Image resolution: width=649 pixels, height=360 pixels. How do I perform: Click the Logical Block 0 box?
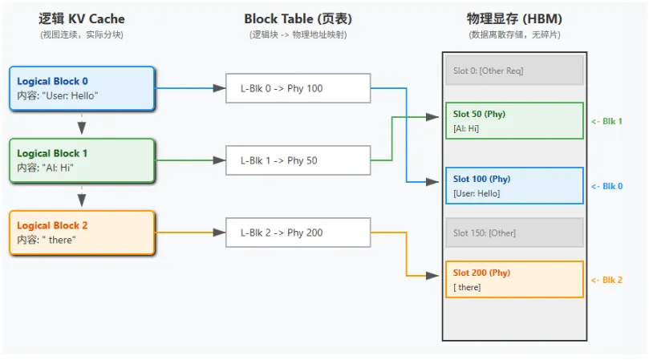point(82,88)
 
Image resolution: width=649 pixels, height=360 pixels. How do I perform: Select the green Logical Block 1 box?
point(82,160)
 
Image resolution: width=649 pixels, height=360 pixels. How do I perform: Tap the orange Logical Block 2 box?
point(82,233)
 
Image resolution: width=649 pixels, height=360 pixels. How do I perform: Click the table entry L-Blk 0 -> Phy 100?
point(298,88)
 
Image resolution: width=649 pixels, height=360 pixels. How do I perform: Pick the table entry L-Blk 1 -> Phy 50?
point(298,160)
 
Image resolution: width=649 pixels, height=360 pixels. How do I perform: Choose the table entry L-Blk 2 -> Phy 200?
point(298,233)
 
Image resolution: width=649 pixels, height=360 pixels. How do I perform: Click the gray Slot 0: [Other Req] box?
point(514,71)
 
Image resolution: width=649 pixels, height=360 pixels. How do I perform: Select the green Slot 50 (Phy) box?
point(514,121)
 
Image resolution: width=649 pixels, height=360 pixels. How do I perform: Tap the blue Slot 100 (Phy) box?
point(514,186)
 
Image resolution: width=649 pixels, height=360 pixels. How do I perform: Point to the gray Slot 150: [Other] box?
point(514,233)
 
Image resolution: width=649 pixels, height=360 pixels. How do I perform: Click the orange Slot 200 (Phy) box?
point(514,279)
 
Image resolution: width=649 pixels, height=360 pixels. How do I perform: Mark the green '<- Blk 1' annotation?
point(606,121)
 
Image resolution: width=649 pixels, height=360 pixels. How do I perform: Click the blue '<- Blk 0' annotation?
point(606,186)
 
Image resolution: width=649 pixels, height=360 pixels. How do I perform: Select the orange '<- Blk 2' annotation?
point(606,280)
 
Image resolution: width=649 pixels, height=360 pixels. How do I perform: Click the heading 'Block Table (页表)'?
point(298,19)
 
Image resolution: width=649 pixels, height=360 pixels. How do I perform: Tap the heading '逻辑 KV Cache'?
point(82,19)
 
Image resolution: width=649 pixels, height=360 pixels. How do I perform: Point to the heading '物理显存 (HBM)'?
point(514,19)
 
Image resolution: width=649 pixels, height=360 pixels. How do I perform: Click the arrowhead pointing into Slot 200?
point(432,276)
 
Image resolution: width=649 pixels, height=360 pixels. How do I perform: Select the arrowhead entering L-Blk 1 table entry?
point(219,160)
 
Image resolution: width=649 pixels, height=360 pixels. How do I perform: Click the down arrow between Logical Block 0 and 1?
point(82,124)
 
